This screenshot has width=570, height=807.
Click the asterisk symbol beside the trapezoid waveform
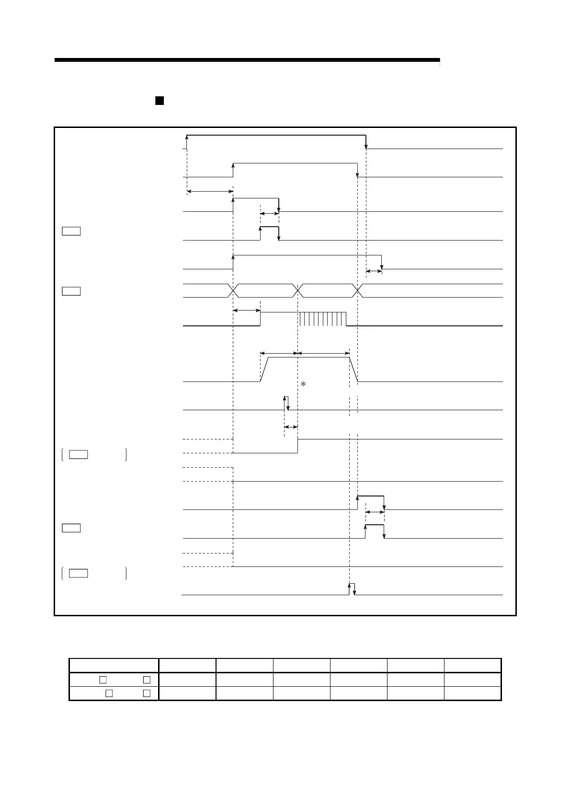[x=303, y=384]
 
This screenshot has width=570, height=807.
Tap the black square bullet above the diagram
[x=160, y=101]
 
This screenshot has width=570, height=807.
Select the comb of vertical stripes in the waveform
[x=322, y=319]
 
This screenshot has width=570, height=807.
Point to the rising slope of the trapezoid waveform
[x=264, y=369]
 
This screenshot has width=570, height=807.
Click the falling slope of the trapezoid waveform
[x=354, y=369]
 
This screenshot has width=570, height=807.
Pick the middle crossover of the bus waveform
[x=297, y=290]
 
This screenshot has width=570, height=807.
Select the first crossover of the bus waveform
[x=233, y=290]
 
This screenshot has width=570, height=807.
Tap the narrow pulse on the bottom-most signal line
[x=352, y=589]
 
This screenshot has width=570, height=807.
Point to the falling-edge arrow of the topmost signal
[x=366, y=142]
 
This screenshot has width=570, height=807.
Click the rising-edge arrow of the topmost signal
[x=187, y=142]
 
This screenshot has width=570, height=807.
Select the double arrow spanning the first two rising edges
[x=210, y=192]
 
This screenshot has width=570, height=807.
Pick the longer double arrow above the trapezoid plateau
[x=323, y=353]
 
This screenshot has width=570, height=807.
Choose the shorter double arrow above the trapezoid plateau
[x=279, y=353]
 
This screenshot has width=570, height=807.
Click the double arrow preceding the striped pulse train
[x=246, y=311]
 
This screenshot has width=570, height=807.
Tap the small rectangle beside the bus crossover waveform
[x=71, y=291]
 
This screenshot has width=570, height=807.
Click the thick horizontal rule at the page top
[x=247, y=60]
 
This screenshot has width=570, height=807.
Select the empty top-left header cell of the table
[x=114, y=666]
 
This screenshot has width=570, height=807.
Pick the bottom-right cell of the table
[x=472, y=693]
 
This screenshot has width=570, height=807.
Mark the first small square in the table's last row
[x=109, y=693]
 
